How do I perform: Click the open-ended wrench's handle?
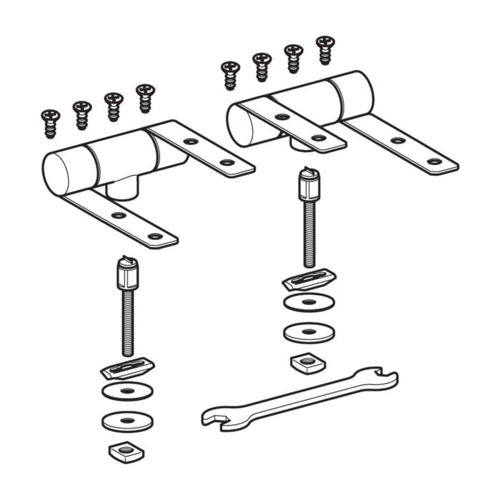point(300,397)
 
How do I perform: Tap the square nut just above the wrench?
point(308,364)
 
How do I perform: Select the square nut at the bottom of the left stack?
point(126,451)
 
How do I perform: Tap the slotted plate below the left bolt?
point(127,369)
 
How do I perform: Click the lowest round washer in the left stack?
point(127,421)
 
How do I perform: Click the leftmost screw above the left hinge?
point(51,123)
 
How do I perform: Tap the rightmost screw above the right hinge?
point(325,49)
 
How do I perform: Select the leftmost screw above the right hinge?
point(231,74)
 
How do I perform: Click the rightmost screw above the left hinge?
point(146,97)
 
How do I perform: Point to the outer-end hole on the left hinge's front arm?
point(154,236)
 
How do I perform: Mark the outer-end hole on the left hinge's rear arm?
point(226,162)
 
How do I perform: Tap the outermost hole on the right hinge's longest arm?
point(434,161)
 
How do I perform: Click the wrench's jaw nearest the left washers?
point(214,417)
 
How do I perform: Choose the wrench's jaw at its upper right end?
point(384,379)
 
